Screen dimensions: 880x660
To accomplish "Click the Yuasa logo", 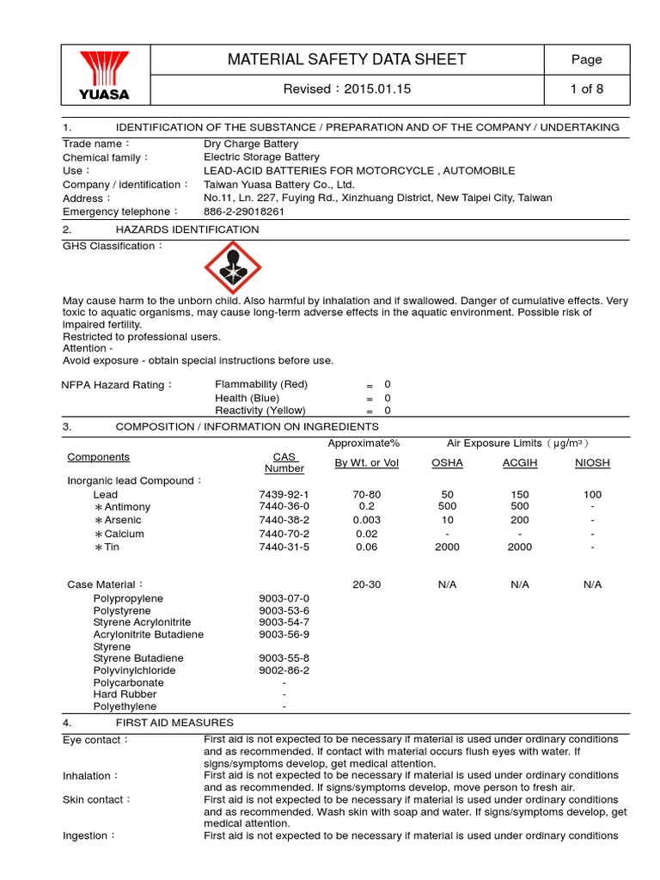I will (x=105, y=75).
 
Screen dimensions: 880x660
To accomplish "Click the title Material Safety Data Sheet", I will (x=346, y=59).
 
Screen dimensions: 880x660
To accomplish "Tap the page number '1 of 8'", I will (x=587, y=89).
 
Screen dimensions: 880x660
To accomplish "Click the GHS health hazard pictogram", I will (x=230, y=268).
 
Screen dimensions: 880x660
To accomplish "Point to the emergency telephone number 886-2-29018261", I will (x=243, y=211).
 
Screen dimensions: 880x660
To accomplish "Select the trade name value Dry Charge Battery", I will (x=251, y=144).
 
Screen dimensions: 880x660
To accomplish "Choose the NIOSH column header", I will (x=592, y=462).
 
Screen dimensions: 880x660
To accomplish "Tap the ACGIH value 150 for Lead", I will (x=520, y=494).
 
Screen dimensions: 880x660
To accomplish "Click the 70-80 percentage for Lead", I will (x=366, y=494).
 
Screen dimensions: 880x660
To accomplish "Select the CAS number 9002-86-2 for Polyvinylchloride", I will (x=284, y=669).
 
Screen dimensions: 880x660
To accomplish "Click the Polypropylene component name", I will (x=128, y=597).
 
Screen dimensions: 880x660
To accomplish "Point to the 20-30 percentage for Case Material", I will (x=366, y=584).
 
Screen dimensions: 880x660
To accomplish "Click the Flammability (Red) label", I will (x=260, y=384).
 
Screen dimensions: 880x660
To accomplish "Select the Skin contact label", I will (x=96, y=799).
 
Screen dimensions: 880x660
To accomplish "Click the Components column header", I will (x=98, y=457).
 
